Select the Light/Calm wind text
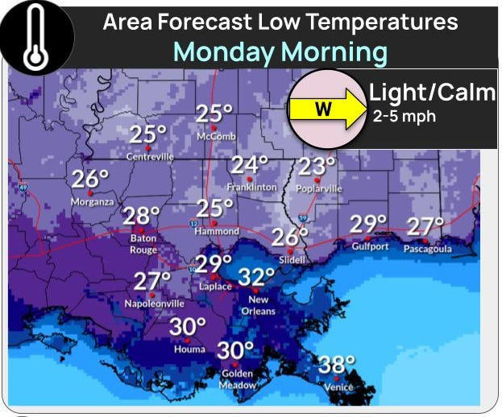(432, 93)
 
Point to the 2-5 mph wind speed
(404, 117)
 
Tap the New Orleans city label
(258, 305)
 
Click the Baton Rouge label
(143, 244)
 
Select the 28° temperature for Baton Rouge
(141, 216)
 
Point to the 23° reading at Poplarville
(317, 167)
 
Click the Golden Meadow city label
(238, 379)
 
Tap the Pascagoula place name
(428, 249)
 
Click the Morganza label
(93, 202)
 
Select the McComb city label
(216, 136)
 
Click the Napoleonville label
(154, 303)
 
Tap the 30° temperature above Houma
(187, 327)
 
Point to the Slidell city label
(292, 259)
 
